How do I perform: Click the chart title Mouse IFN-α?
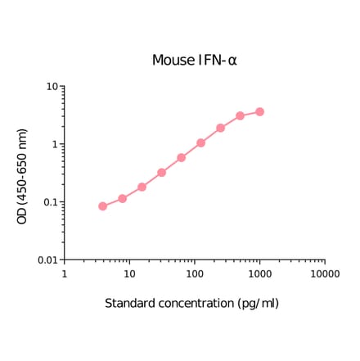click(194, 61)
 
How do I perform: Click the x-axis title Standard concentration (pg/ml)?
click(191, 304)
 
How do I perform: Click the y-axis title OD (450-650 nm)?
click(23, 176)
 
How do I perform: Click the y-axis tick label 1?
click(54, 145)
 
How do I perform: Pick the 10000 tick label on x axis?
click(325, 274)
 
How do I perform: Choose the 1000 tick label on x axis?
click(259, 274)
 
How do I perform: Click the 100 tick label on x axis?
click(194, 274)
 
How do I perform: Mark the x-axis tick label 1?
click(64, 274)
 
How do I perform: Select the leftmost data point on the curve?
click(102, 206)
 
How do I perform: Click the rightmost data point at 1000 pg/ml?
click(259, 111)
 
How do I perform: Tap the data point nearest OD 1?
click(200, 142)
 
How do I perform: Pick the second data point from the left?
click(122, 198)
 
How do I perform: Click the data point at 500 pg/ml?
click(240, 116)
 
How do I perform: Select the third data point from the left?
click(142, 187)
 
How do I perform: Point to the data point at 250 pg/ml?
click(220, 128)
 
